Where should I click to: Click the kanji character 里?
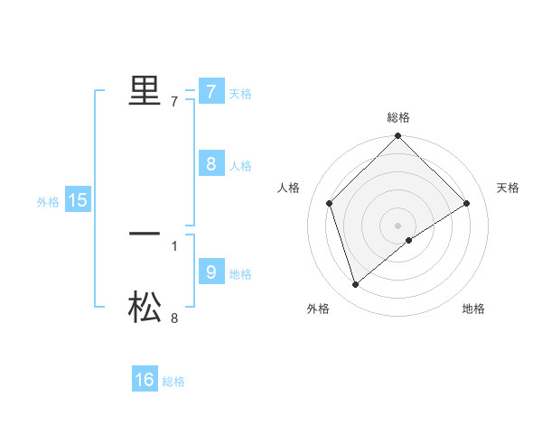145,90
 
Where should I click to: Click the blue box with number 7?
210,92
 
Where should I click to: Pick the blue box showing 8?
210,164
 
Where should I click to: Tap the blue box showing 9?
210,272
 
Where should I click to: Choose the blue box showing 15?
78,201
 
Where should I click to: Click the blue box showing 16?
145,380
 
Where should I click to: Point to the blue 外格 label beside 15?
48,202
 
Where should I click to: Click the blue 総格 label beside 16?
173,382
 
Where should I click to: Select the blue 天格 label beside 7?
240,93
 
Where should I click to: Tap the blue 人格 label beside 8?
240,165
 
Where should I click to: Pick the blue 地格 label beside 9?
240,273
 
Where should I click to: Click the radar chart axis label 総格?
398,117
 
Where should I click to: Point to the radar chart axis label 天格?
509,188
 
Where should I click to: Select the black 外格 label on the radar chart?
318,309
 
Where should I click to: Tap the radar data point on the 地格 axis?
409,240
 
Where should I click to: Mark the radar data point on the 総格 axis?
398,137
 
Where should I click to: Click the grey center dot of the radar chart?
398,225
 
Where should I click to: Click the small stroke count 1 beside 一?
174,245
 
